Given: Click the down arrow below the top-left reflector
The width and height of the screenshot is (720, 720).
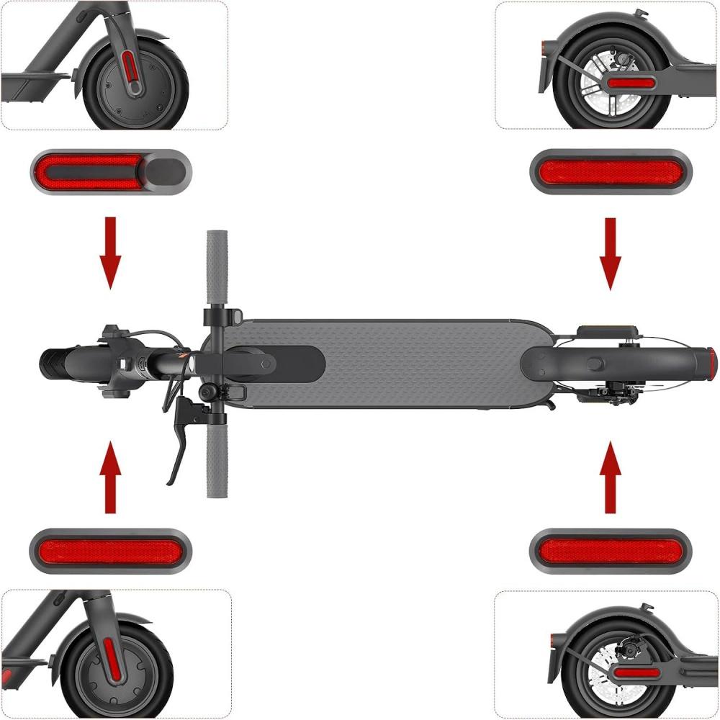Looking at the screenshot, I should click(x=110, y=252).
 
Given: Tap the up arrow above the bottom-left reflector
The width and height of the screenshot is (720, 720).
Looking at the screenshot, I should click(x=109, y=478).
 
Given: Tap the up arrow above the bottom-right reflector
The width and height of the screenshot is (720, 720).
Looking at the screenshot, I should click(x=611, y=478).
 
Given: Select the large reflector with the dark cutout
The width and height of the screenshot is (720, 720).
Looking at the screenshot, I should click(x=110, y=171).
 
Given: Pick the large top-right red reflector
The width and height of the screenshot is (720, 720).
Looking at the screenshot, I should click(x=611, y=171).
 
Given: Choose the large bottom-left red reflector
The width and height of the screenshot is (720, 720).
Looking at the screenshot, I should click(x=110, y=552).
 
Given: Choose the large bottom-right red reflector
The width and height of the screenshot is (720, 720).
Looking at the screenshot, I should click(x=611, y=552).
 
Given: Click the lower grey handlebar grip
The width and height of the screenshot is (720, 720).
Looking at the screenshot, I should click(x=217, y=454).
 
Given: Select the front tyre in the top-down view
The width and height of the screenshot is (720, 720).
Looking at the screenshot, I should click(x=65, y=364).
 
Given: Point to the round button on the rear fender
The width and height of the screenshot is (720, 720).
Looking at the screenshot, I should click(x=595, y=361).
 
